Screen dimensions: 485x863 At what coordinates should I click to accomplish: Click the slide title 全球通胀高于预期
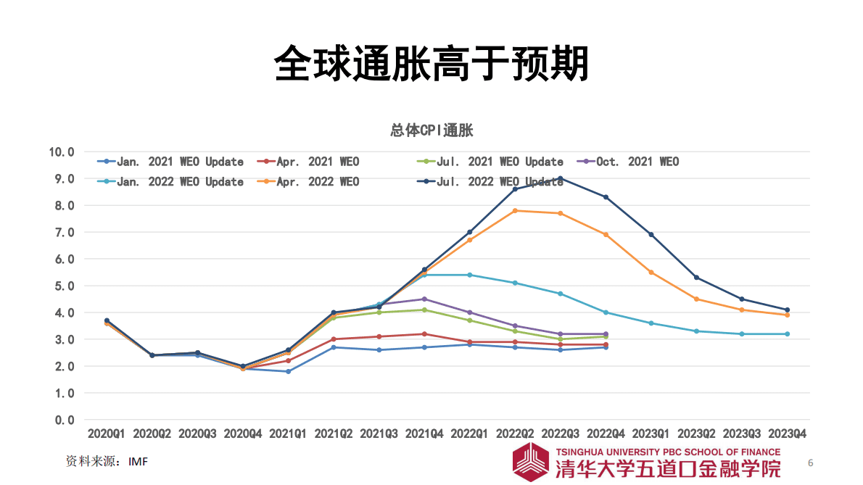tap(431, 64)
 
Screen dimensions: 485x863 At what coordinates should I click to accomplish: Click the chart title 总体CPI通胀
tap(431, 130)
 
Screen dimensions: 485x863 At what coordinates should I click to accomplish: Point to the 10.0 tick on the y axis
tap(62, 152)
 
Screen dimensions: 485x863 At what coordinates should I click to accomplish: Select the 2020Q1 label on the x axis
tap(107, 434)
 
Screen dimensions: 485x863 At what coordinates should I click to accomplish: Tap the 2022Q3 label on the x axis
tap(560, 434)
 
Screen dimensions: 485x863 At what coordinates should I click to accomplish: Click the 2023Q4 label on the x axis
tap(787, 434)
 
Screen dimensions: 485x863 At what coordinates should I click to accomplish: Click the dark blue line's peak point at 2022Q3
tap(560, 178)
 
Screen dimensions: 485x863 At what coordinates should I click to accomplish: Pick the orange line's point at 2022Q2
tap(515, 210)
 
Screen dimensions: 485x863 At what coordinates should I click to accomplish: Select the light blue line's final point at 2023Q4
tap(787, 334)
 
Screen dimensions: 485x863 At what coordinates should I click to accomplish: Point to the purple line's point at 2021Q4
tap(424, 299)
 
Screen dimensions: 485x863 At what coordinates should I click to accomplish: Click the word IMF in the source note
tap(138, 461)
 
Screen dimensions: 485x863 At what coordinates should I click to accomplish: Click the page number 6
tap(811, 463)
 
